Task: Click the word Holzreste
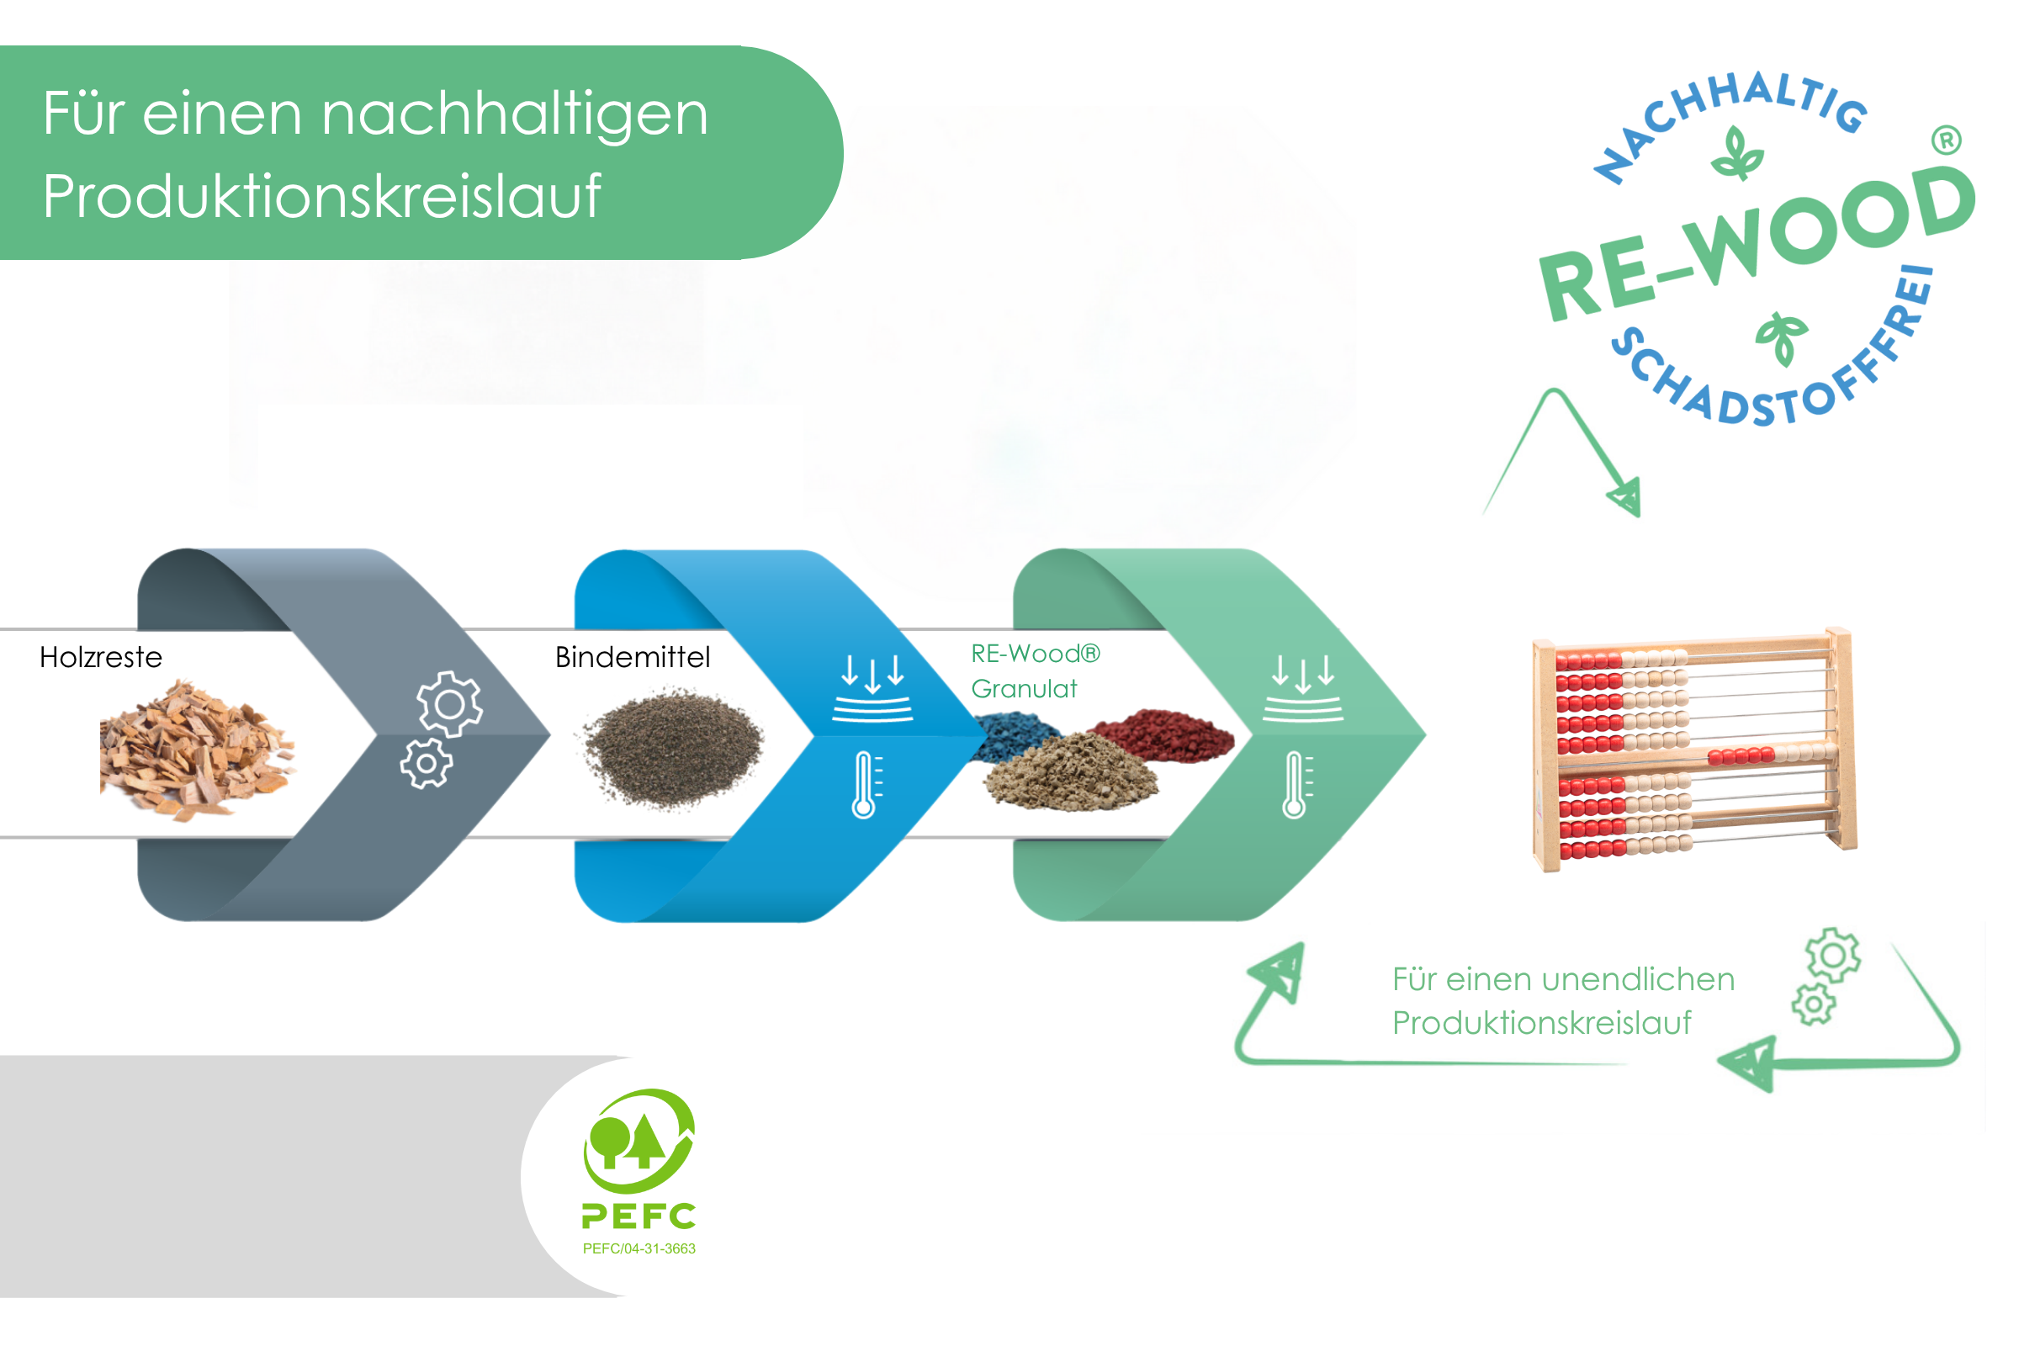tap(100, 658)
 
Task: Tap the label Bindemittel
tap(633, 658)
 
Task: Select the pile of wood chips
tap(198, 750)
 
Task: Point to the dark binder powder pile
tap(673, 747)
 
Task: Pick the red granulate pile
tap(1163, 734)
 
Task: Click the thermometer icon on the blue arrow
tap(866, 785)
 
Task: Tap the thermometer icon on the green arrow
tap(1297, 785)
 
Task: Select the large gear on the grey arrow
tap(450, 705)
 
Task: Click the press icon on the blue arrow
tap(873, 688)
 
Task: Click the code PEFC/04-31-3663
tap(639, 1249)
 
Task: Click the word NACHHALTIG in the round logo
tap(1730, 120)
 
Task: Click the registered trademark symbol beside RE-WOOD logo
tap(1947, 140)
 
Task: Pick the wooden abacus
tap(1695, 751)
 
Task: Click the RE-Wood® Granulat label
tap(1036, 671)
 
